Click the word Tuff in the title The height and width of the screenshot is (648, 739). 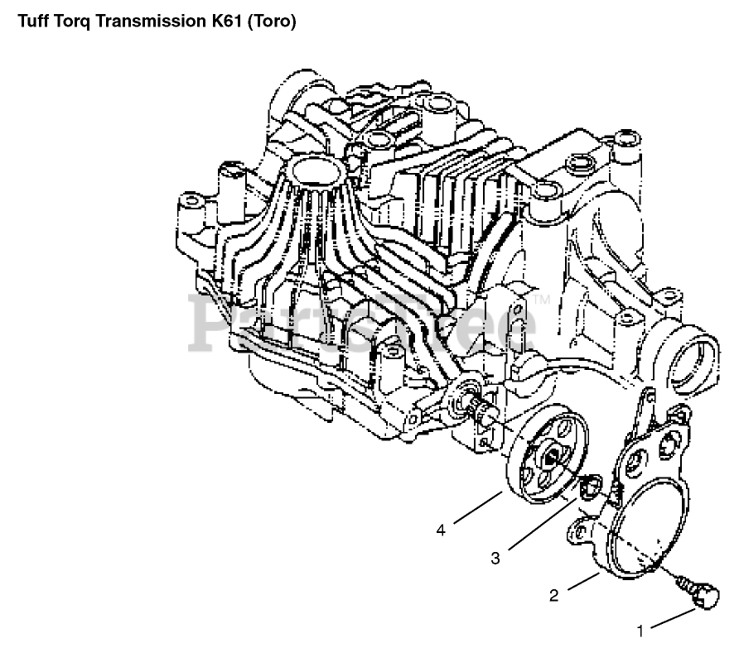pos(33,22)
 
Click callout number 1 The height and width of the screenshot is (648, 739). pos(640,631)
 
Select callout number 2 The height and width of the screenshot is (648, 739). pos(553,596)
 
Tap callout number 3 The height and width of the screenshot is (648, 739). pos(495,559)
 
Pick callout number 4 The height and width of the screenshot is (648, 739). pos(441,530)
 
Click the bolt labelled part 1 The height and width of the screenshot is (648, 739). pos(699,593)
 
